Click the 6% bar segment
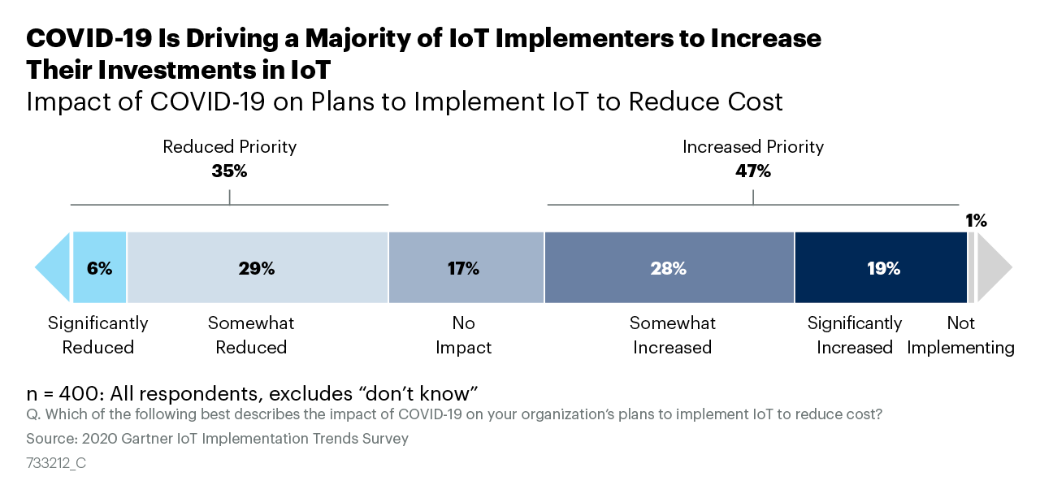(99, 267)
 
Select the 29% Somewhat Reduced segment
(257, 267)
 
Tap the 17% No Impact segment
(466, 267)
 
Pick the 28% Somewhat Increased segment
(669, 267)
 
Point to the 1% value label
(976, 220)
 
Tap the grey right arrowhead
(993, 267)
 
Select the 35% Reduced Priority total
(229, 171)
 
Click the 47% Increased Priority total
(752, 171)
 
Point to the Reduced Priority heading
(229, 147)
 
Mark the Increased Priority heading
(752, 147)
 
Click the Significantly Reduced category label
(98, 335)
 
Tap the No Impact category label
(463, 335)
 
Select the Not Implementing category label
(960, 335)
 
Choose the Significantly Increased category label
(854, 335)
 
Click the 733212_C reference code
(56, 463)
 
